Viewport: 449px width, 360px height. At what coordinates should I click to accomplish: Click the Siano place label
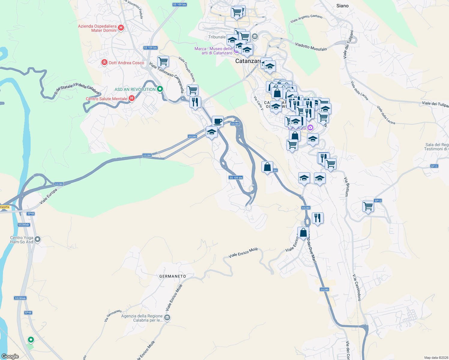(x=342, y=6)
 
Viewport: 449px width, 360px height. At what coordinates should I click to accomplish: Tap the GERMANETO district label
(x=173, y=276)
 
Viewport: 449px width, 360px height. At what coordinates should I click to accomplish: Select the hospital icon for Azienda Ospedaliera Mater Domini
(x=121, y=28)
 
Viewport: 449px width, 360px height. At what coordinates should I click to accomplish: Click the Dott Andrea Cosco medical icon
(x=104, y=62)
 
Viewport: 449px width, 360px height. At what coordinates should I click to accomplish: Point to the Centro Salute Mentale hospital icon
(x=131, y=98)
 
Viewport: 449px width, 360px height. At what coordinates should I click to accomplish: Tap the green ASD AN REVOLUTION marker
(x=160, y=89)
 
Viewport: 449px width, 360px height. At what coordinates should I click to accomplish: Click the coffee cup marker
(x=218, y=121)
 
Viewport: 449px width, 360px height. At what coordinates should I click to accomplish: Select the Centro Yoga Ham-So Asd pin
(x=38, y=239)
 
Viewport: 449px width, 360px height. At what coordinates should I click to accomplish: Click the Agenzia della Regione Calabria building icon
(x=167, y=317)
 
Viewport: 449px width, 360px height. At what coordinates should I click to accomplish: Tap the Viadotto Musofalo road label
(x=311, y=47)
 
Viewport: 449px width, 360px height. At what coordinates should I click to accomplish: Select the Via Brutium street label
(x=346, y=187)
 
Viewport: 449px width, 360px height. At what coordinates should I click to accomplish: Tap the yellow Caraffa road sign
(x=5, y=207)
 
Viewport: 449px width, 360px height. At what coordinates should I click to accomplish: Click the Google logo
(x=10, y=356)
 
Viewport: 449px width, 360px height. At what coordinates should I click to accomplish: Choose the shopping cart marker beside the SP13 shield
(x=368, y=206)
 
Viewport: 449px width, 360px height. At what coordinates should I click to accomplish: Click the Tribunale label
(x=217, y=37)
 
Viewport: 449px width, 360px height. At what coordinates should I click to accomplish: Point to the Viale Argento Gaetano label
(x=306, y=19)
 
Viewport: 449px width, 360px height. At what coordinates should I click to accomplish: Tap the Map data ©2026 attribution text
(x=435, y=358)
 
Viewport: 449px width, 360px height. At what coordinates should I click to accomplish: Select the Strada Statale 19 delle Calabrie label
(x=77, y=89)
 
